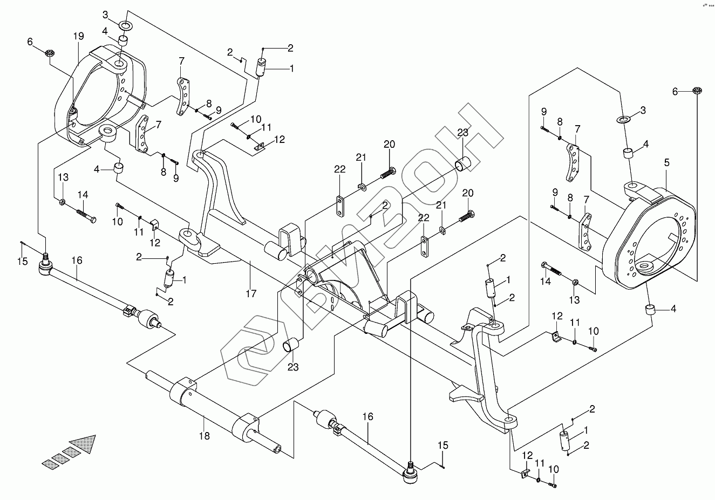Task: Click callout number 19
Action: click(79, 37)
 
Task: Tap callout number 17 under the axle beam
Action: click(251, 293)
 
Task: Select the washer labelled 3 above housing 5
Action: click(623, 118)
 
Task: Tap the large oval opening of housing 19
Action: click(97, 97)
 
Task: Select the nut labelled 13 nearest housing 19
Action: click(63, 203)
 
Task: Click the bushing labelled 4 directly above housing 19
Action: click(124, 41)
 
